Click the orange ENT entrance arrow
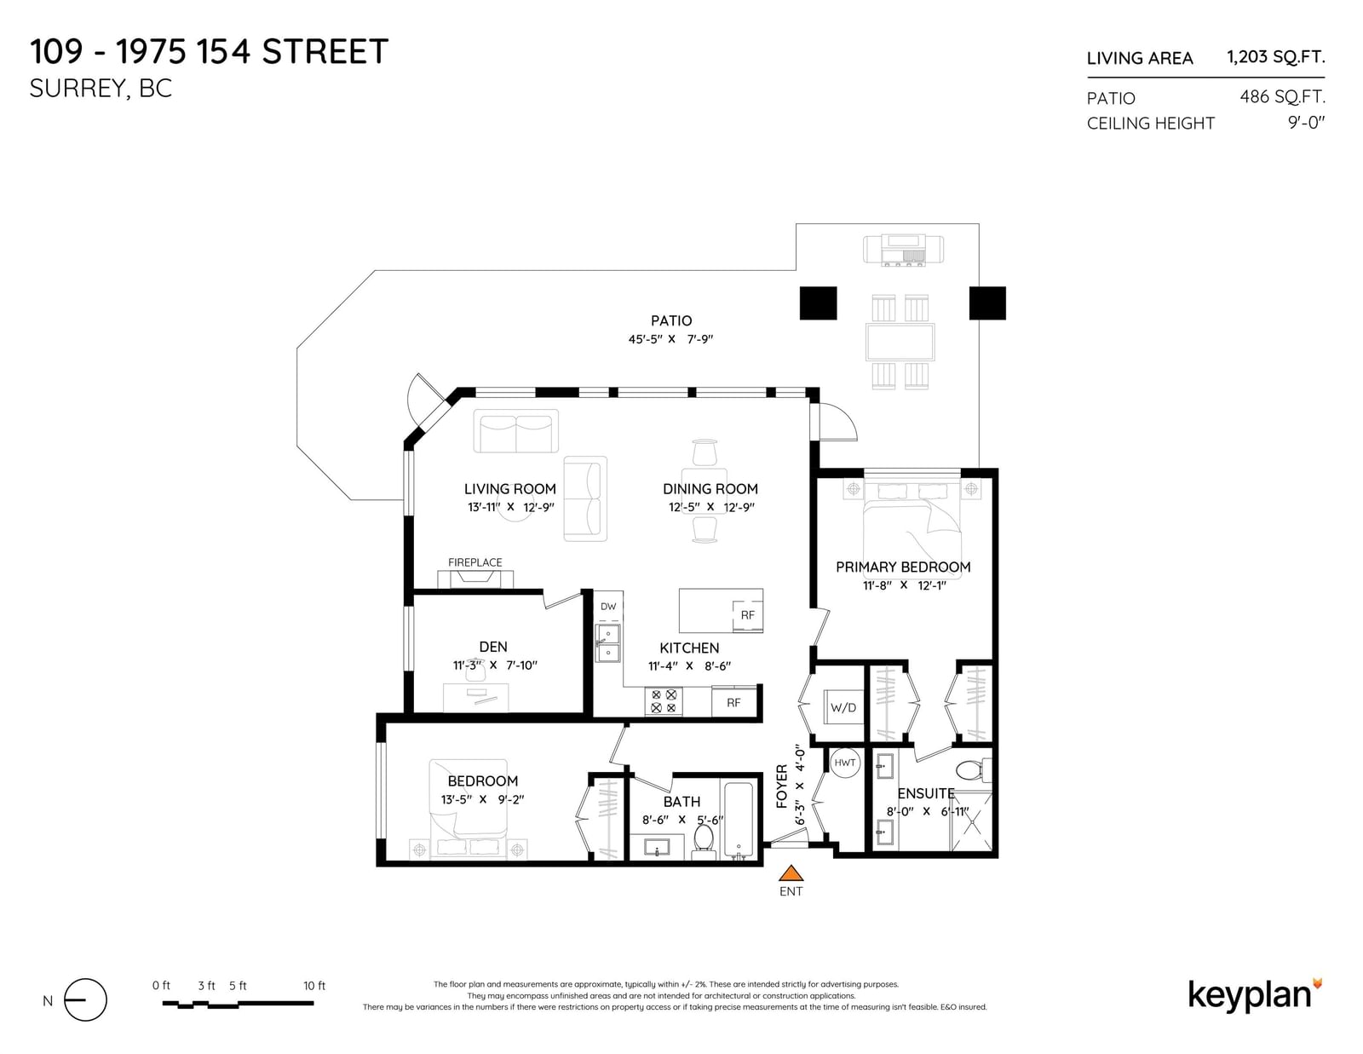coord(791,873)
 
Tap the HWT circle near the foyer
coord(844,763)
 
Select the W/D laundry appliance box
coord(843,708)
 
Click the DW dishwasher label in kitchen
coord(607,606)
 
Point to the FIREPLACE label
coord(474,562)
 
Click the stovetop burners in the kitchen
coord(664,701)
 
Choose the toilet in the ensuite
coord(974,769)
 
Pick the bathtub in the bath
coord(739,820)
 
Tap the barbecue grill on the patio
coord(903,250)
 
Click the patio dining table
coord(900,342)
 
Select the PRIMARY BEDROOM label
coord(903,567)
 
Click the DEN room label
coord(493,647)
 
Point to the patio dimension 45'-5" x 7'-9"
coord(670,339)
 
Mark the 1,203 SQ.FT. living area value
coord(1276,57)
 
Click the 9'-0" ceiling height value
coord(1307,123)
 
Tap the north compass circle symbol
coord(85,1000)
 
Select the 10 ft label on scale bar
coord(314,986)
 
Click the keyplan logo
coord(1255,996)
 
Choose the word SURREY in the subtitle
coord(77,89)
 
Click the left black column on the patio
coord(818,303)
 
